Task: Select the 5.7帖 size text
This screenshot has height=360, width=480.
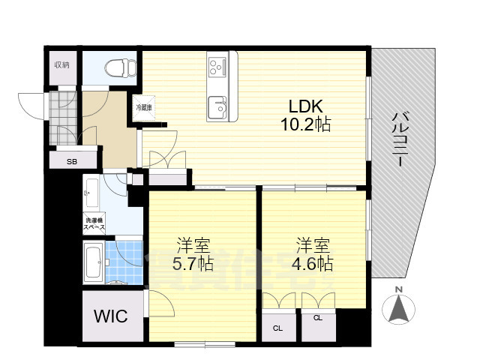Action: [x=193, y=263]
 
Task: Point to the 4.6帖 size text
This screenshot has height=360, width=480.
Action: [x=312, y=263]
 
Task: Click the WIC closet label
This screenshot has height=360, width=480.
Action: [x=111, y=316]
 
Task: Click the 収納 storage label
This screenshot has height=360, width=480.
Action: [x=62, y=65]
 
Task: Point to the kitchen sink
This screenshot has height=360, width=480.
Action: [x=219, y=109]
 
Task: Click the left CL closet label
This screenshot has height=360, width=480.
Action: [x=277, y=328]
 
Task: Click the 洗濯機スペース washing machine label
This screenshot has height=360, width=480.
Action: [x=94, y=223]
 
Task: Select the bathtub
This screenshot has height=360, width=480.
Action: [x=94, y=262]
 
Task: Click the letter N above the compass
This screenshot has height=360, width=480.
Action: [x=400, y=289]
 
